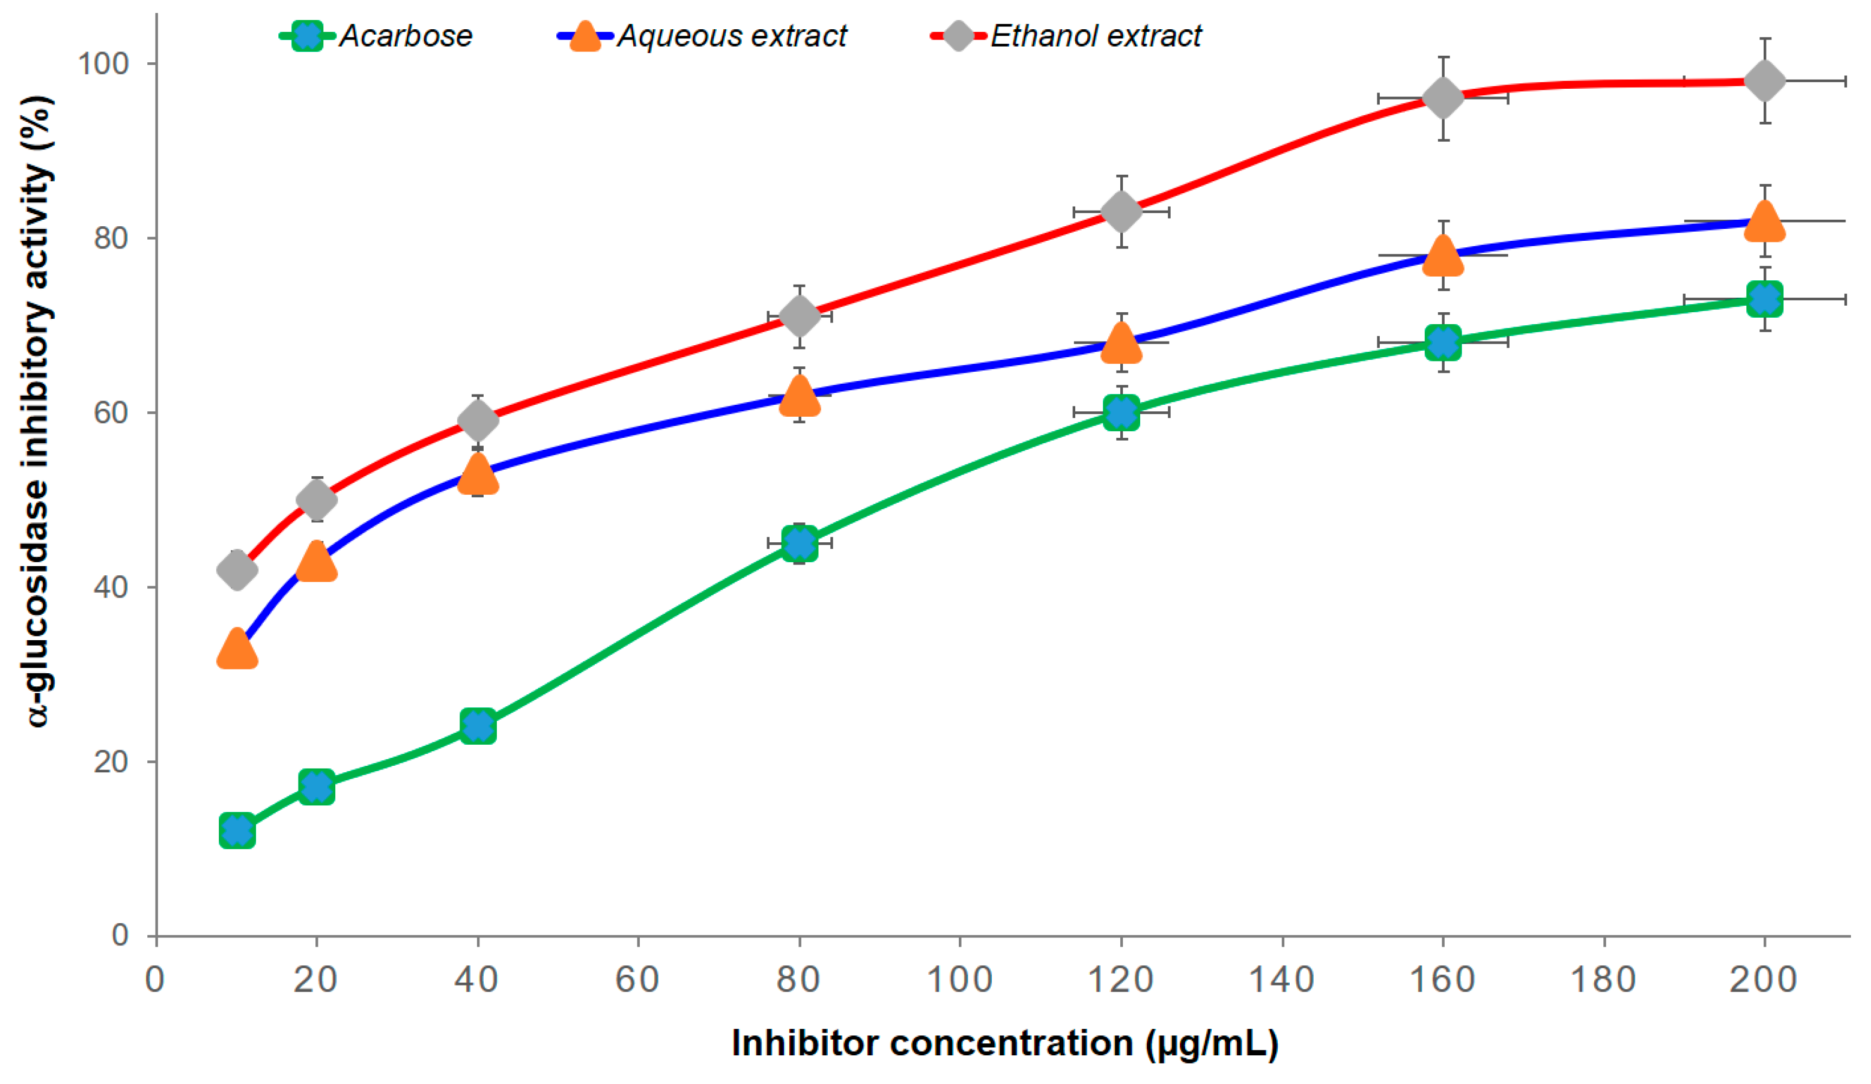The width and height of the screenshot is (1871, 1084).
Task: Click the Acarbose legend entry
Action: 405,36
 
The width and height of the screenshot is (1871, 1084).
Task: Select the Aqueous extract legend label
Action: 731,36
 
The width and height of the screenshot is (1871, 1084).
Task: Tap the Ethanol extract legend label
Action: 1095,36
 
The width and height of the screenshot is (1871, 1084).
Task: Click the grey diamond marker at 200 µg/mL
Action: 1765,80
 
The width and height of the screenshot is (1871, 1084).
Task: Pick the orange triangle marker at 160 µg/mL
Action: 1443,256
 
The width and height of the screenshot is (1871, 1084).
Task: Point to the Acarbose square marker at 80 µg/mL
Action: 800,543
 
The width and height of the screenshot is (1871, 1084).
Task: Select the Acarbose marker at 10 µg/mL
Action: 237,830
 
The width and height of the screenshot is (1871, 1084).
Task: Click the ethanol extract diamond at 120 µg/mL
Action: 1121,212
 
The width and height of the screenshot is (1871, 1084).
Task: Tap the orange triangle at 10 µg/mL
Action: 237,649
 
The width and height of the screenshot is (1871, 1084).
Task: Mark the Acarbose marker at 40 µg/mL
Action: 477,726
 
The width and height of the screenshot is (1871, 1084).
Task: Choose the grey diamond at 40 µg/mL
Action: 477,421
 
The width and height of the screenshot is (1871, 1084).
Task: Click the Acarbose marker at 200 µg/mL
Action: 1765,299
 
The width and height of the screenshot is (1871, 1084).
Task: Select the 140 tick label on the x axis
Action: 1282,980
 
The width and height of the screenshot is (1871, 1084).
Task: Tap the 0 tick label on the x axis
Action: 154,980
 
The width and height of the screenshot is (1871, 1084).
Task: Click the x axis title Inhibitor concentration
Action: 1004,1043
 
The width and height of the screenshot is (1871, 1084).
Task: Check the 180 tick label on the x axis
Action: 1604,980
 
